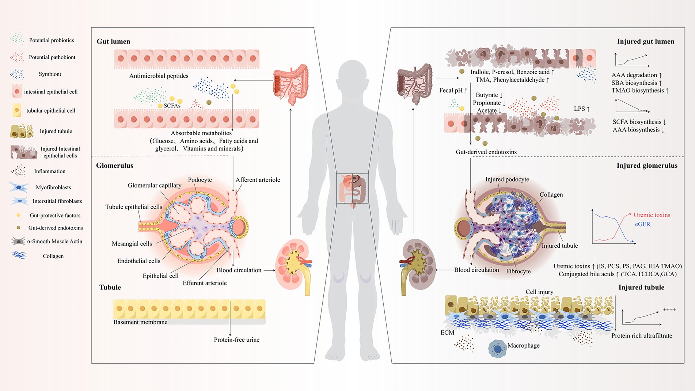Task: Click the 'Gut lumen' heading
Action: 113,41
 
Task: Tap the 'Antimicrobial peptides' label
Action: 159,76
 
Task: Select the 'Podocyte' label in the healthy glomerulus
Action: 200,180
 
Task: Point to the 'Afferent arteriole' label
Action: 258,180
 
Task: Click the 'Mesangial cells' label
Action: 132,244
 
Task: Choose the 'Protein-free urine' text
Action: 236,340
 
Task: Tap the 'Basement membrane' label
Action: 140,322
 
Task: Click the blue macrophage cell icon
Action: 497,349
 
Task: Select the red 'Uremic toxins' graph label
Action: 652,215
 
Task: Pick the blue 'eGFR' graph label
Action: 642,224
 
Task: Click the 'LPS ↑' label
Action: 582,109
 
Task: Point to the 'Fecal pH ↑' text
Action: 453,91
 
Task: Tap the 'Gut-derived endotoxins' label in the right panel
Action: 486,152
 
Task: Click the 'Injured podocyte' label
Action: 507,179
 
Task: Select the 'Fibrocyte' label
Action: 518,271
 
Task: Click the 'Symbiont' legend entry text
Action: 50,74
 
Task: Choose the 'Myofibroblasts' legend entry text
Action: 53,187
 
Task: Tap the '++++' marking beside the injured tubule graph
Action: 669,310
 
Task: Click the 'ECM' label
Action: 447,333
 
